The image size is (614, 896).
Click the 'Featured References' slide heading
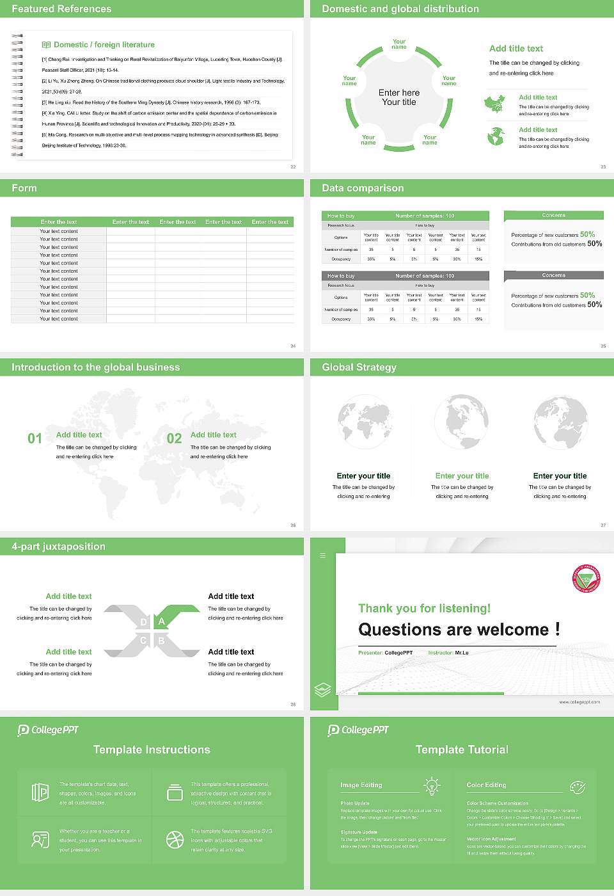tap(61, 9)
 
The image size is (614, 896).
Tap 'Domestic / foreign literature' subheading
tap(104, 45)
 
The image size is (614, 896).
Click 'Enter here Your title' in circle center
tap(399, 97)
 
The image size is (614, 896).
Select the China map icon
tap(494, 104)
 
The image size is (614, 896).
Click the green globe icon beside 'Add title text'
tap(496, 136)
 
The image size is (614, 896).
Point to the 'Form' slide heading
tap(24, 188)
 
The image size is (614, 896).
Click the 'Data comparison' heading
tap(363, 188)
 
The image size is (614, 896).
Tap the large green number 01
tap(35, 438)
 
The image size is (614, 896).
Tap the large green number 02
tap(174, 438)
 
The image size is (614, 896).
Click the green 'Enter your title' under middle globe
tap(462, 476)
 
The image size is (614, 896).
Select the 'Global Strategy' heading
tap(359, 367)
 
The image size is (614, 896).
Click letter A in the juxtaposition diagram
tap(162, 621)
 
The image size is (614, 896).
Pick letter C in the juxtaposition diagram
tap(143, 641)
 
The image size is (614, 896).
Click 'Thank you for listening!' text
tap(424, 609)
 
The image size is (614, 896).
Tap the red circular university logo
tap(586, 579)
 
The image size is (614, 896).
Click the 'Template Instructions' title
tap(152, 749)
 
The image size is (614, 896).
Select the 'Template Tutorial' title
tap(462, 749)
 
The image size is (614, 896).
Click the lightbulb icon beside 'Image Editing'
tap(432, 786)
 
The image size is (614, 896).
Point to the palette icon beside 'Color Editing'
tap(577, 786)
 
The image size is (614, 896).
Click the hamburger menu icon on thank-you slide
tap(323, 556)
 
